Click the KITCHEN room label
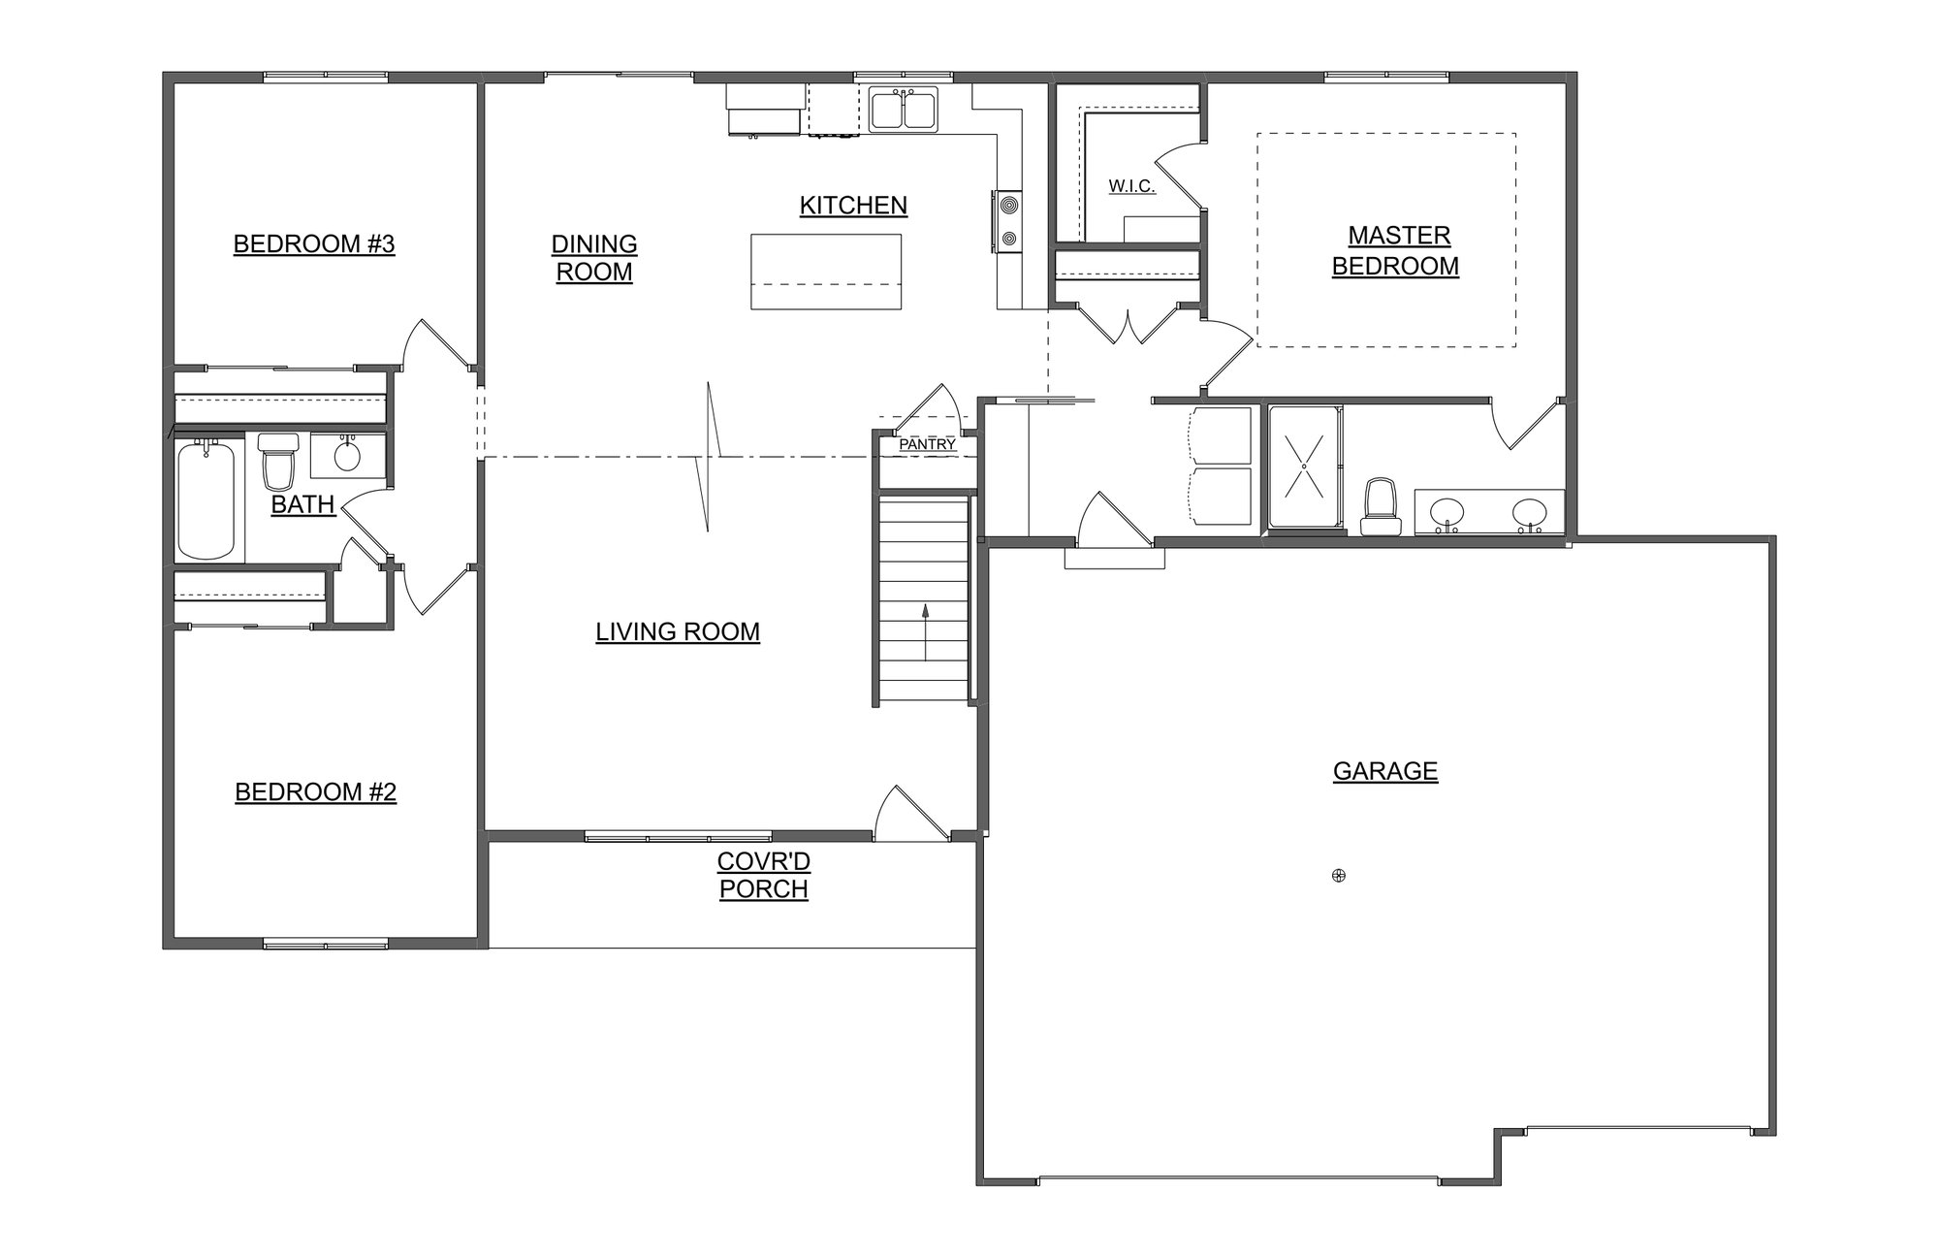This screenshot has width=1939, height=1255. click(853, 206)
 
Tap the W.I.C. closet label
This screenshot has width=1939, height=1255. click(1131, 186)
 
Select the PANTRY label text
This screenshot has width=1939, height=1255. click(927, 445)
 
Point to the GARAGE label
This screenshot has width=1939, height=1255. click(1384, 771)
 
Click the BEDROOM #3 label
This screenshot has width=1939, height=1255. click(314, 243)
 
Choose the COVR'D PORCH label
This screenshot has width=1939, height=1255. click(764, 875)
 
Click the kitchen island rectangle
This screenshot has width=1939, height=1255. click(826, 272)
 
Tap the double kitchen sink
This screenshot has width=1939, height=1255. click(903, 109)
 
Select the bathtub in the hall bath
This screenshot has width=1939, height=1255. click(207, 499)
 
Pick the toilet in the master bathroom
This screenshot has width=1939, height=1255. click(1381, 507)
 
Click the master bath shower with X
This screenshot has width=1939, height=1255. click(1304, 467)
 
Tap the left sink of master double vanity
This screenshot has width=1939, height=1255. click(1446, 512)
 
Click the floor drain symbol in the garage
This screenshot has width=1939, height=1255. click(1339, 876)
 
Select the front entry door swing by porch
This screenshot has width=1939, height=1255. click(908, 813)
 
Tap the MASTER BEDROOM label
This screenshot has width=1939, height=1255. click(1396, 250)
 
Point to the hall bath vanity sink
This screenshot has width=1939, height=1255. click(346, 455)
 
